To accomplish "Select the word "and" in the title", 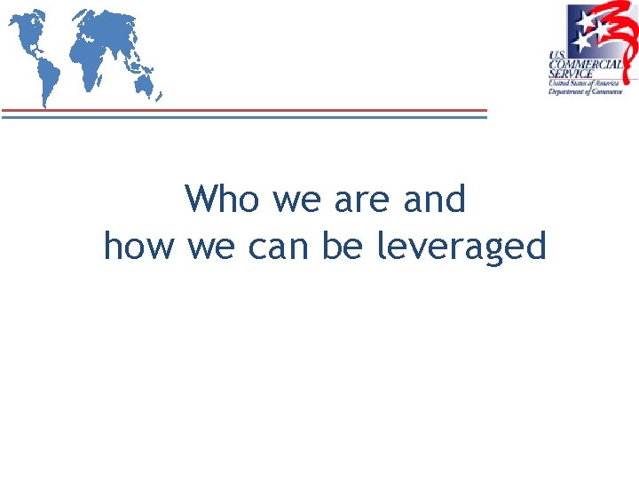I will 434,200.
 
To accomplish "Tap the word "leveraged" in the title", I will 461,246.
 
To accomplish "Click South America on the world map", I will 47,72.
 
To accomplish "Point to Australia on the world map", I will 143,83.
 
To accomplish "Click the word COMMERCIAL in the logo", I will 586,64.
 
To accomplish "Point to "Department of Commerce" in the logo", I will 586,91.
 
